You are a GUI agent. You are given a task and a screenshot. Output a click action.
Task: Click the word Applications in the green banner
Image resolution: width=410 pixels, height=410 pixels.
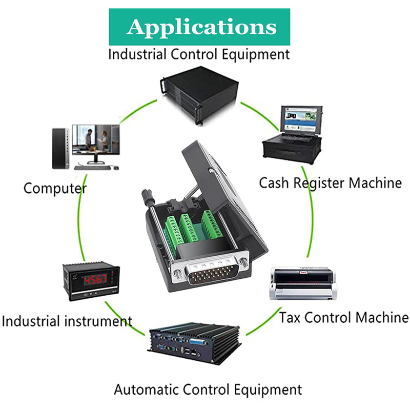coord(201,27)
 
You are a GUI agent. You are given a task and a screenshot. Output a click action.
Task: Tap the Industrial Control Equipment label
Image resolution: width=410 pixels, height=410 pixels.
coord(199,55)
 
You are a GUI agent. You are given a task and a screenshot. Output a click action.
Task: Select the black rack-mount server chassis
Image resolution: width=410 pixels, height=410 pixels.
coord(199,94)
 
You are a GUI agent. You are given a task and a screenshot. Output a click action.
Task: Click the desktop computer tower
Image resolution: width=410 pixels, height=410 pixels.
coord(60,148)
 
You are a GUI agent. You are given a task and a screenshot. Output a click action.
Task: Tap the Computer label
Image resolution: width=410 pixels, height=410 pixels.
coord(55,189)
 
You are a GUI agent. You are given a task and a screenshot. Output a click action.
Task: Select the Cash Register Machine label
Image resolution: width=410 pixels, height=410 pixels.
coord(330,183)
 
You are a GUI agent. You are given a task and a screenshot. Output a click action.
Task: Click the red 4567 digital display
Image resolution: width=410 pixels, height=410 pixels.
coord(95,280)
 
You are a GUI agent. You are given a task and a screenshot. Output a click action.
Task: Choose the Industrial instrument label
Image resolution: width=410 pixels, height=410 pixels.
coord(67,321)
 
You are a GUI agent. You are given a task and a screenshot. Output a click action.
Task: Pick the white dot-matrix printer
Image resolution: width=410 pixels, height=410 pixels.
coord(303,283)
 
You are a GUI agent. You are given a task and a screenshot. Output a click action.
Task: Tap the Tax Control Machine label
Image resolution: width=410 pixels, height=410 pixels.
coord(344,317)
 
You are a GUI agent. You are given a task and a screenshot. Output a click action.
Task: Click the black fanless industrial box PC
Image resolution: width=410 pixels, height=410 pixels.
coord(195,343)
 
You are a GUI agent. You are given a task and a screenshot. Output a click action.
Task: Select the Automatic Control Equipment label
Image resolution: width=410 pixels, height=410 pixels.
coord(208,389)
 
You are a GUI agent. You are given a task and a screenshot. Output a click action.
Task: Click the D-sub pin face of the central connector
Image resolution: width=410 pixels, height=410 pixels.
coord(211,274)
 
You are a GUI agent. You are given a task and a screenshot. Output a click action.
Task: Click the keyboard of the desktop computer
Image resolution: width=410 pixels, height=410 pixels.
coord(92,168)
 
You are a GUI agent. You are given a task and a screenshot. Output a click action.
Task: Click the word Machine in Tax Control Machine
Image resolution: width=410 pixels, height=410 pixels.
coord(382,317)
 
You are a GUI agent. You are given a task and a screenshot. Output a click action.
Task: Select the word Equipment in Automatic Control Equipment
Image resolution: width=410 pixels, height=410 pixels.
coord(268,390)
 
